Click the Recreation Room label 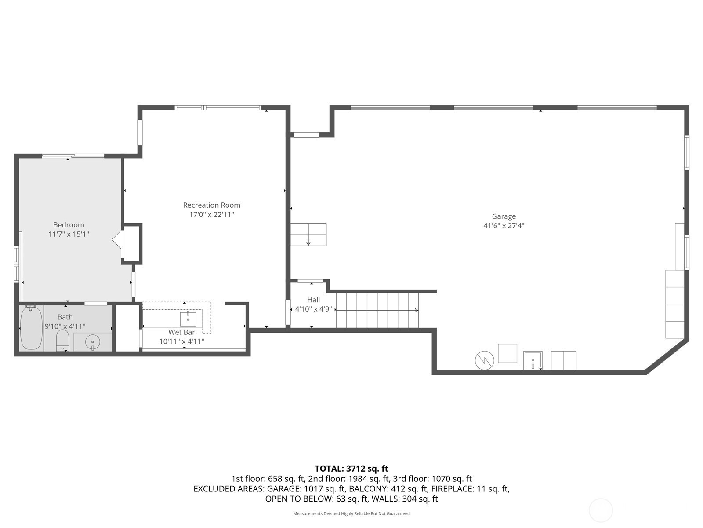(211, 205)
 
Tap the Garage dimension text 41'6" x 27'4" (504, 226)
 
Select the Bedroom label (69, 225)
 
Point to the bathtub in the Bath (31, 328)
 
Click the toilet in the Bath (63, 341)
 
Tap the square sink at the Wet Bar (188, 319)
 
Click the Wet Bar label (181, 333)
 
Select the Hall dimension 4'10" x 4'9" (314, 309)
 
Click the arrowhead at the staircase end (417, 310)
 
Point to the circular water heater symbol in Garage (484, 360)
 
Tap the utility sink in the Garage (533, 360)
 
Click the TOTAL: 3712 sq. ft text (351, 469)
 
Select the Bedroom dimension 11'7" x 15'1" (69, 234)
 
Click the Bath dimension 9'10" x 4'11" (65, 326)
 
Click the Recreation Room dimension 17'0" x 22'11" (212, 214)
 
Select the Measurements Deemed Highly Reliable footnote (351, 513)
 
